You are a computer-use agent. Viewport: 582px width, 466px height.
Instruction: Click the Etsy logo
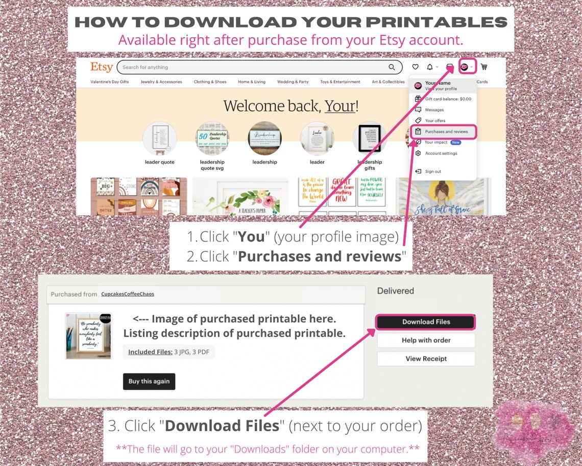point(102,67)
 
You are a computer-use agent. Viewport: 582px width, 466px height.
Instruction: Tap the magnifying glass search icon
point(392,67)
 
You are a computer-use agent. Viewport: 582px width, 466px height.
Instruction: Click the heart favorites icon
point(415,67)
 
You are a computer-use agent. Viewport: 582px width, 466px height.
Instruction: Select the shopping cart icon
point(484,67)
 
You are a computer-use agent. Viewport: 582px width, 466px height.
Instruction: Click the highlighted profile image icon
point(465,66)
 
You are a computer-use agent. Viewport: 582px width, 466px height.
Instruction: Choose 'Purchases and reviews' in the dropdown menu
point(446,132)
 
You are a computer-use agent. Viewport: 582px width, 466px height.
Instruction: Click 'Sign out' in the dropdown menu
point(432,172)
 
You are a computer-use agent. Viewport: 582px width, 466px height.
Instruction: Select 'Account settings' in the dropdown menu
point(441,153)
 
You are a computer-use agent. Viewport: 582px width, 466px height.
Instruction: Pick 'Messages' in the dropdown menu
point(434,110)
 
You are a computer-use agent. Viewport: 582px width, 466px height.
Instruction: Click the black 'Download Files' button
point(426,322)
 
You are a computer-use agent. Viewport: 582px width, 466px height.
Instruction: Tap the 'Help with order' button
point(426,340)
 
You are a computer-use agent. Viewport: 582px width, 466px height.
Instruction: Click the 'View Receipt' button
point(426,359)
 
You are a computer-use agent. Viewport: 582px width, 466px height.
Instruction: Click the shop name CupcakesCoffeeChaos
point(128,294)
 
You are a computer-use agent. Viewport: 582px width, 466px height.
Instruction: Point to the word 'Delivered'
point(395,291)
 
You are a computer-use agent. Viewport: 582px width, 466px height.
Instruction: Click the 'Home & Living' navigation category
point(252,82)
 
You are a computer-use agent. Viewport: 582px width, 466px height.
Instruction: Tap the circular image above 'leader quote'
point(160,138)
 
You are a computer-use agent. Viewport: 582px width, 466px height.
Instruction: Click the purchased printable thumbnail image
point(88,336)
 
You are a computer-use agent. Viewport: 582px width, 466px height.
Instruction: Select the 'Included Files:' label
point(150,352)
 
